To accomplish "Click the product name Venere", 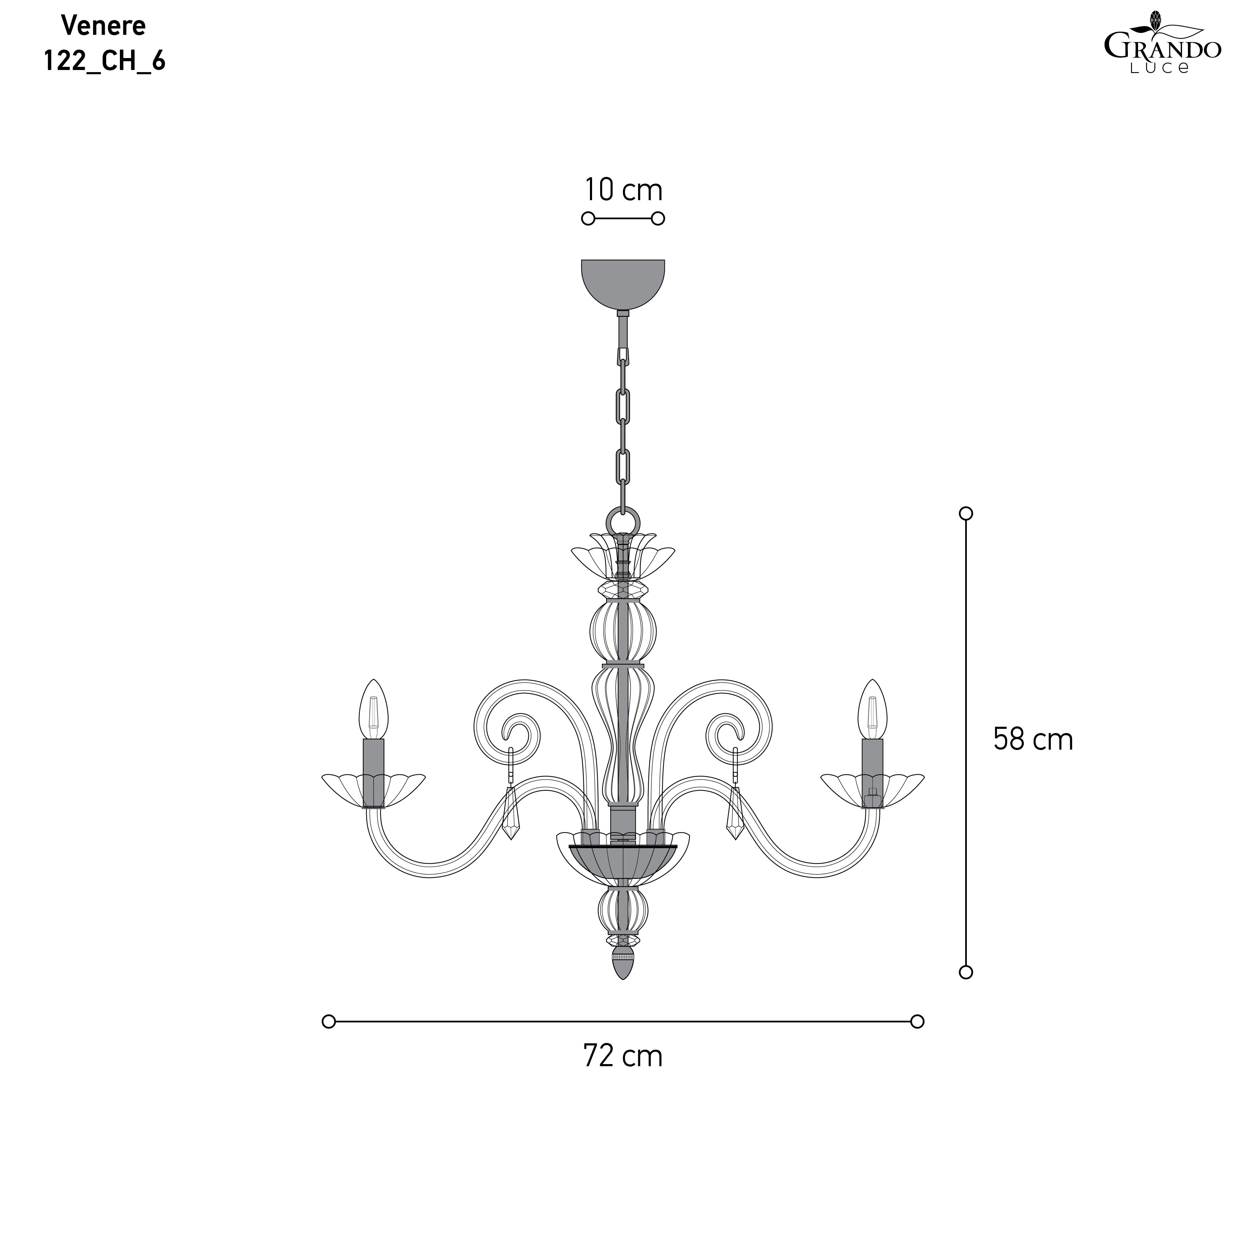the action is (103, 26).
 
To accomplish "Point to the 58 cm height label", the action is (1033, 739).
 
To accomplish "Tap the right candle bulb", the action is (872, 710).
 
